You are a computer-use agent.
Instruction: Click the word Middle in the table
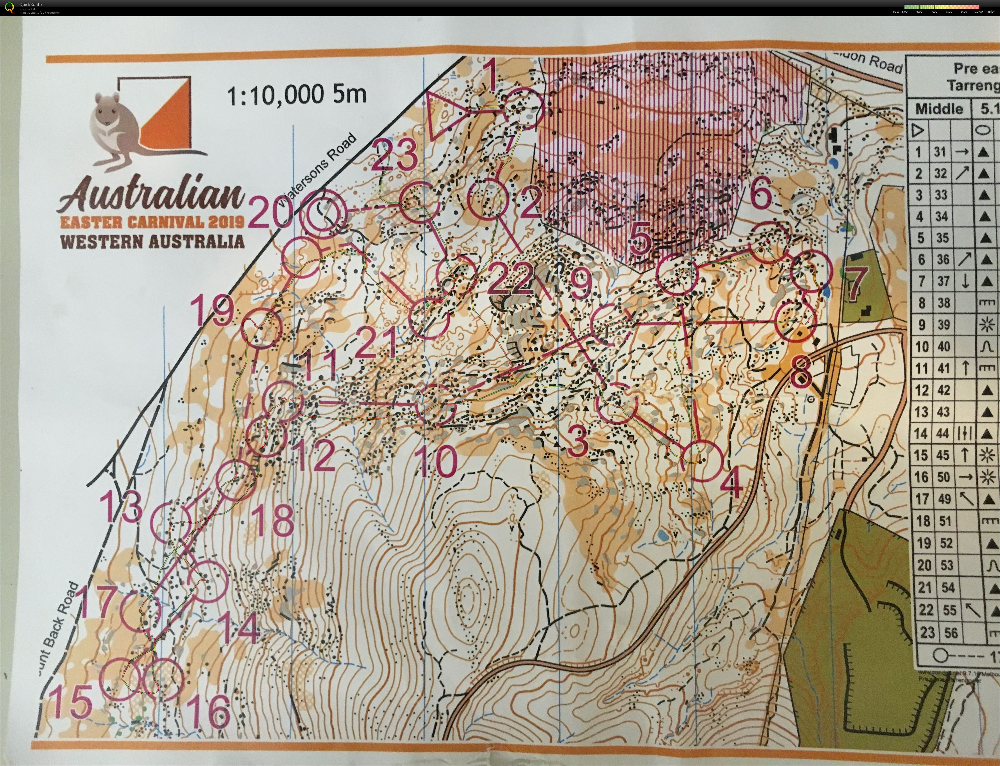[939, 109]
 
